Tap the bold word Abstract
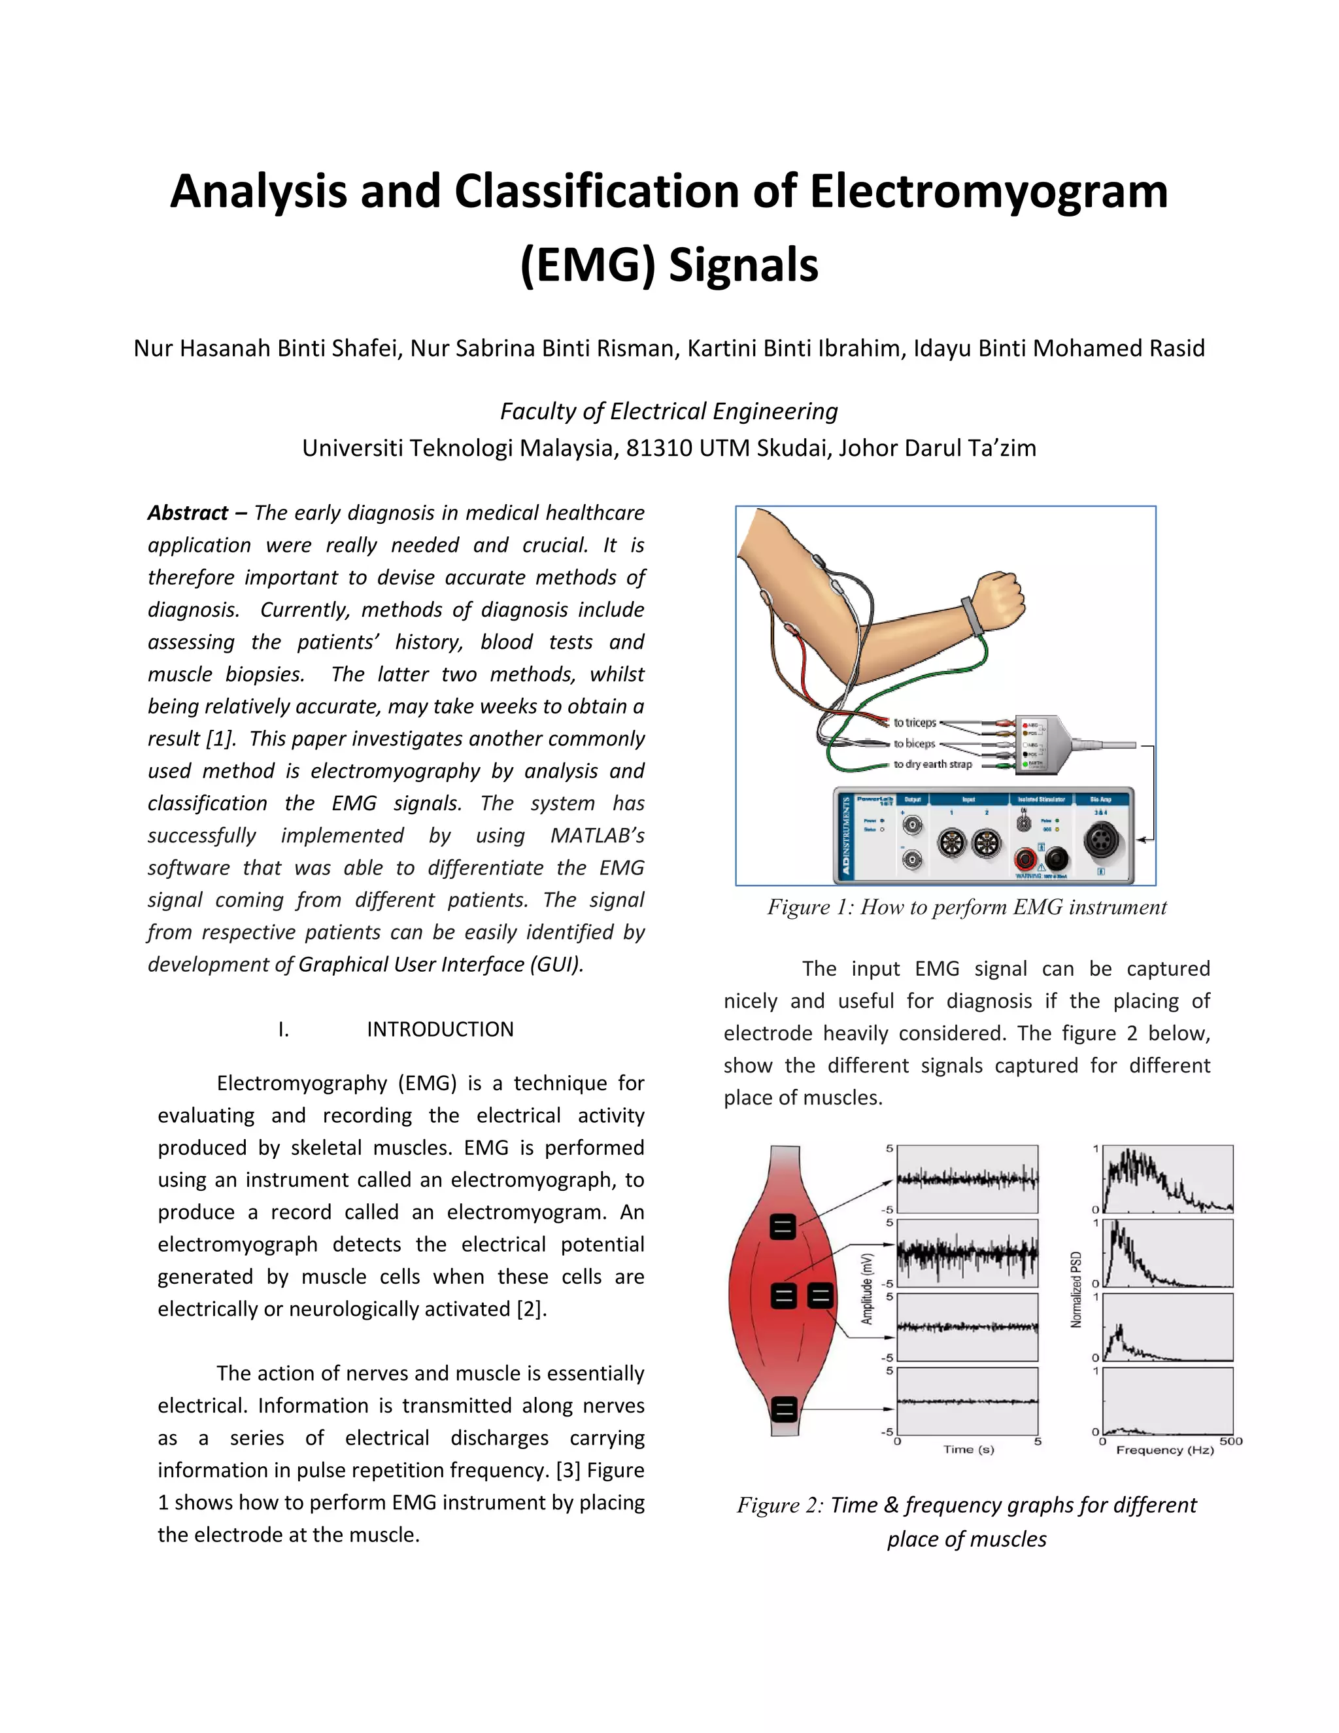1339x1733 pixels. [188, 513]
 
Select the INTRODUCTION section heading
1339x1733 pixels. [439, 1029]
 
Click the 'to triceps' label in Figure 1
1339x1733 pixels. [915, 723]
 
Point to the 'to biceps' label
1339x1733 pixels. [914, 744]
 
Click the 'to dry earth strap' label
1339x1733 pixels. [932, 764]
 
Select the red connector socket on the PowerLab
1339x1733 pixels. [1026, 859]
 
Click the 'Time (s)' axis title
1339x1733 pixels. [968, 1449]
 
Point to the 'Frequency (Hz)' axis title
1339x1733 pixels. [1164, 1450]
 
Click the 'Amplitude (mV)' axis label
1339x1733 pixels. [868, 1289]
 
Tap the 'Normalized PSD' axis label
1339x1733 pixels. [1076, 1290]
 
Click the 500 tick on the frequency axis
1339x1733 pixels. [1231, 1440]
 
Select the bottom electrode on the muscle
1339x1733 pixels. [784, 1409]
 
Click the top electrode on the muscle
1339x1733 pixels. [783, 1227]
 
